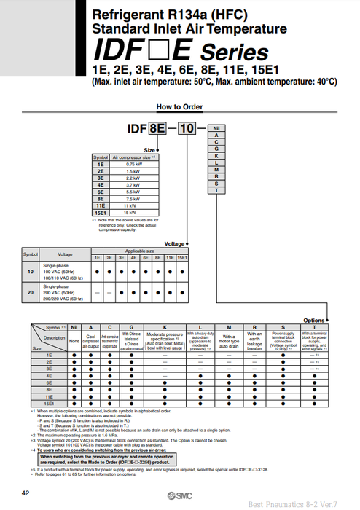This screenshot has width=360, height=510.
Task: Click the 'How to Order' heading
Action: point(179,106)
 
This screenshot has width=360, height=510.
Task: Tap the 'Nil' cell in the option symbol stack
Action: point(216,128)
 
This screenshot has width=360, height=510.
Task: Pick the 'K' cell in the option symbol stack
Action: point(216,156)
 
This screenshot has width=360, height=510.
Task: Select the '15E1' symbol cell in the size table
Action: point(100,213)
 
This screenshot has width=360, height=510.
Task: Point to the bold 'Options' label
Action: point(313,320)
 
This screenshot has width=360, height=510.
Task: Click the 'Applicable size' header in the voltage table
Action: point(139,251)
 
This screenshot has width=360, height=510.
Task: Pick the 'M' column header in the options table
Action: point(229,328)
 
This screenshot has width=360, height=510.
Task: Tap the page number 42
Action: point(26,494)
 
